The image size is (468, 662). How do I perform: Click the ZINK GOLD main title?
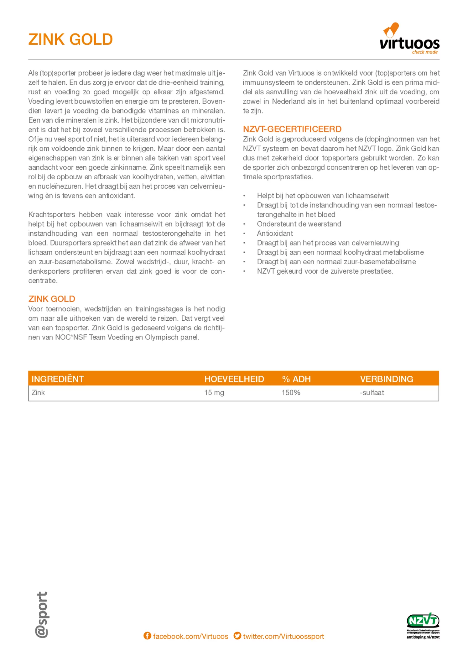click(70, 39)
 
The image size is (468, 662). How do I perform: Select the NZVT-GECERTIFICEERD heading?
click(292, 129)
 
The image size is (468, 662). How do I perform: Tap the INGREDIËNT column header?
click(58, 379)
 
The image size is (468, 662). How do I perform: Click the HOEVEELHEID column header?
click(234, 379)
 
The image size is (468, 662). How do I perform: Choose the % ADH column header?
click(296, 379)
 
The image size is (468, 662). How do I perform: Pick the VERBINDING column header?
click(386, 379)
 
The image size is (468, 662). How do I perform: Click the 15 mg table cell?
click(214, 393)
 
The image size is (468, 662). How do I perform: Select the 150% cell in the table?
click(291, 393)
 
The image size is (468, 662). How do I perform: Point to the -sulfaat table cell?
click(372, 393)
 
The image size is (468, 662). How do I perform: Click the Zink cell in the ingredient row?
click(38, 393)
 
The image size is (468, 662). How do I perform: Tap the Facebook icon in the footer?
click(147, 636)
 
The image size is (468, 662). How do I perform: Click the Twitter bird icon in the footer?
click(237, 636)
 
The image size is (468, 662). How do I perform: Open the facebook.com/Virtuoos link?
click(190, 636)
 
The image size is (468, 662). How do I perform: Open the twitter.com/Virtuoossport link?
click(283, 636)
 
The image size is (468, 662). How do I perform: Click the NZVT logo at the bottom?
click(423, 626)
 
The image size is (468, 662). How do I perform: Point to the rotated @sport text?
click(41, 614)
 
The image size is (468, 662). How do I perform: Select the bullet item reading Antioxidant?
click(275, 234)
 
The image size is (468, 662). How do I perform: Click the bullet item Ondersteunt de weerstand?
click(299, 224)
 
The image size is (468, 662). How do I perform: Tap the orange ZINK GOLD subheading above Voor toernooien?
click(52, 299)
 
